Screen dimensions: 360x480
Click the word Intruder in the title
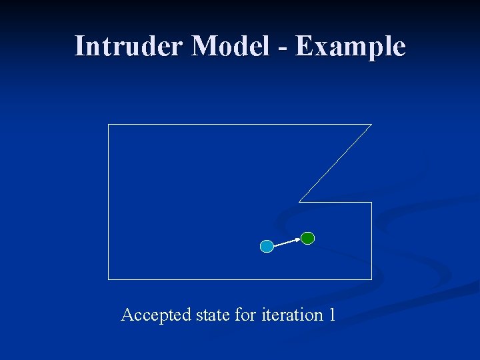(x=129, y=47)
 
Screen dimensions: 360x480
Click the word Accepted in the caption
(x=155, y=315)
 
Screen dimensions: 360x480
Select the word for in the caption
(x=245, y=315)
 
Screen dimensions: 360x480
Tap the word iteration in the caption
(x=291, y=315)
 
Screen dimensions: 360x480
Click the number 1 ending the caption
(x=331, y=315)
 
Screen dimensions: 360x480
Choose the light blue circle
(x=267, y=247)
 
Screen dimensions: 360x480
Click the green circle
(x=307, y=238)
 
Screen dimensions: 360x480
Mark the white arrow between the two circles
(x=287, y=243)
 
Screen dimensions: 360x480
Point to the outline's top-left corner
(x=109, y=125)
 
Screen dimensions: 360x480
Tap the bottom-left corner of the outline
(x=109, y=279)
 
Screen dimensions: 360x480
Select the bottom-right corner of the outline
(x=371, y=279)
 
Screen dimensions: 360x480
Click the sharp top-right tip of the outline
(x=371, y=125)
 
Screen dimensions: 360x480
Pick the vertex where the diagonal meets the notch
(x=299, y=201)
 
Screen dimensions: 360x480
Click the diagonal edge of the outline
(x=335, y=163)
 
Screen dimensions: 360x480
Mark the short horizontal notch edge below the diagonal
(x=335, y=202)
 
